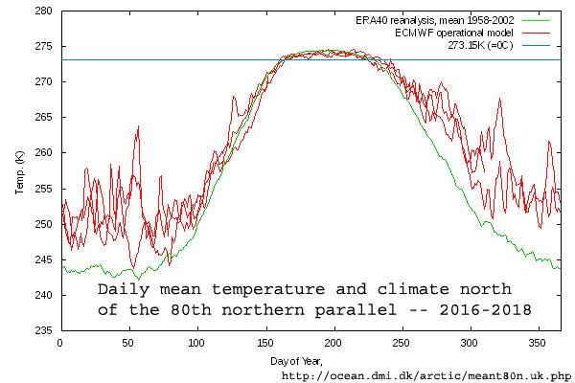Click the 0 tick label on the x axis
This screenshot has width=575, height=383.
(x=60, y=342)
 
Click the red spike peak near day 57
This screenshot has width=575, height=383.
(x=138, y=125)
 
